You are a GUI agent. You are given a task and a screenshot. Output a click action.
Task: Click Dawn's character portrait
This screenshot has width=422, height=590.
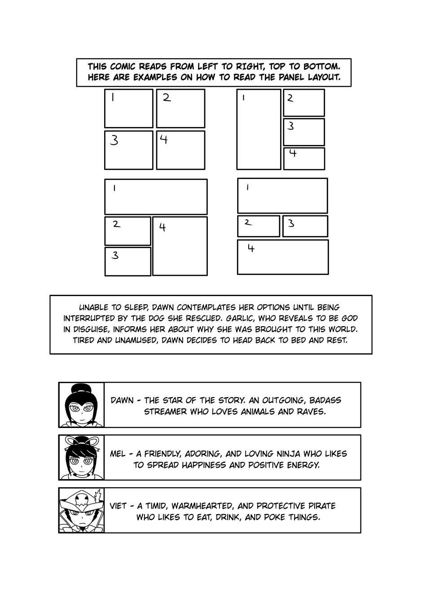tap(81, 405)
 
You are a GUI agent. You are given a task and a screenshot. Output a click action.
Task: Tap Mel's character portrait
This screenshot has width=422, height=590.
tap(81, 458)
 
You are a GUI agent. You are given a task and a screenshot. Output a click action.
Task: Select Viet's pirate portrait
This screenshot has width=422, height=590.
tap(81, 511)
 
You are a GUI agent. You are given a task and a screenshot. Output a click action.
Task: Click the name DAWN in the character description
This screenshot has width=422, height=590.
tap(122, 400)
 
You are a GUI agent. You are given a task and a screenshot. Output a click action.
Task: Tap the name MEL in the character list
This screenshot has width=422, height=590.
tap(118, 454)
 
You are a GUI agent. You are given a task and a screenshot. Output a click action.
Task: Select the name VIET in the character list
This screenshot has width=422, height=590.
tap(118, 506)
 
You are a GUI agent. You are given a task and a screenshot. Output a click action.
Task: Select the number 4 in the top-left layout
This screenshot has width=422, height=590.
tap(164, 140)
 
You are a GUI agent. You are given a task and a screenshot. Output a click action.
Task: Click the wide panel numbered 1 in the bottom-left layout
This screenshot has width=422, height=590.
tap(156, 197)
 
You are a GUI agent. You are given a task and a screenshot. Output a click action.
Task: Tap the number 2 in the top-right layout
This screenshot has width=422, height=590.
tap(290, 98)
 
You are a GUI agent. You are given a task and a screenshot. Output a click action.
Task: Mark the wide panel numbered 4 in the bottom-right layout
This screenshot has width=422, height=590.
tap(282, 257)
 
